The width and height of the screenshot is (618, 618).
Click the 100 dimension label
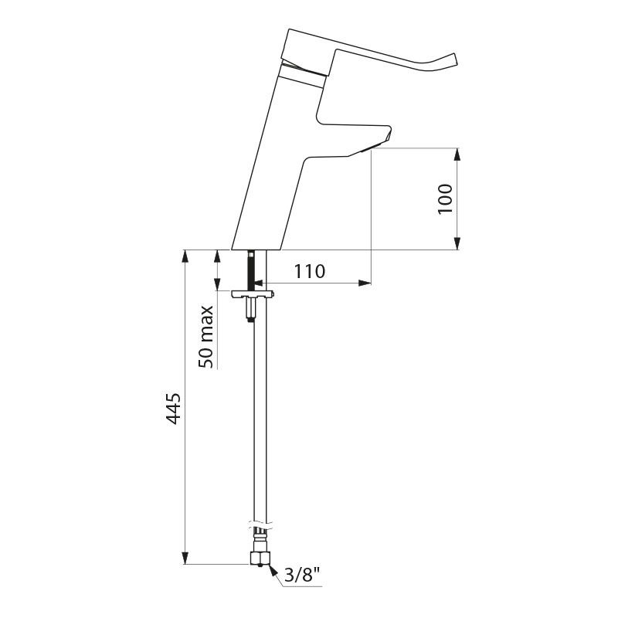(446, 199)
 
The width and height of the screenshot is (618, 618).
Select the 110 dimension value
(310, 271)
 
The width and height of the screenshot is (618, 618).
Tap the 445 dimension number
(173, 409)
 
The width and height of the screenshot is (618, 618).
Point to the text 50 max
(206, 337)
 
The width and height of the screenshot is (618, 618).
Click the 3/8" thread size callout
(301, 576)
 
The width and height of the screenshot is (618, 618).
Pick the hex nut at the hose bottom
(260, 558)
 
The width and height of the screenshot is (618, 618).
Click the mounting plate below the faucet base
(253, 294)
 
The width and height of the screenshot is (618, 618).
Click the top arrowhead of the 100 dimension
(457, 154)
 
